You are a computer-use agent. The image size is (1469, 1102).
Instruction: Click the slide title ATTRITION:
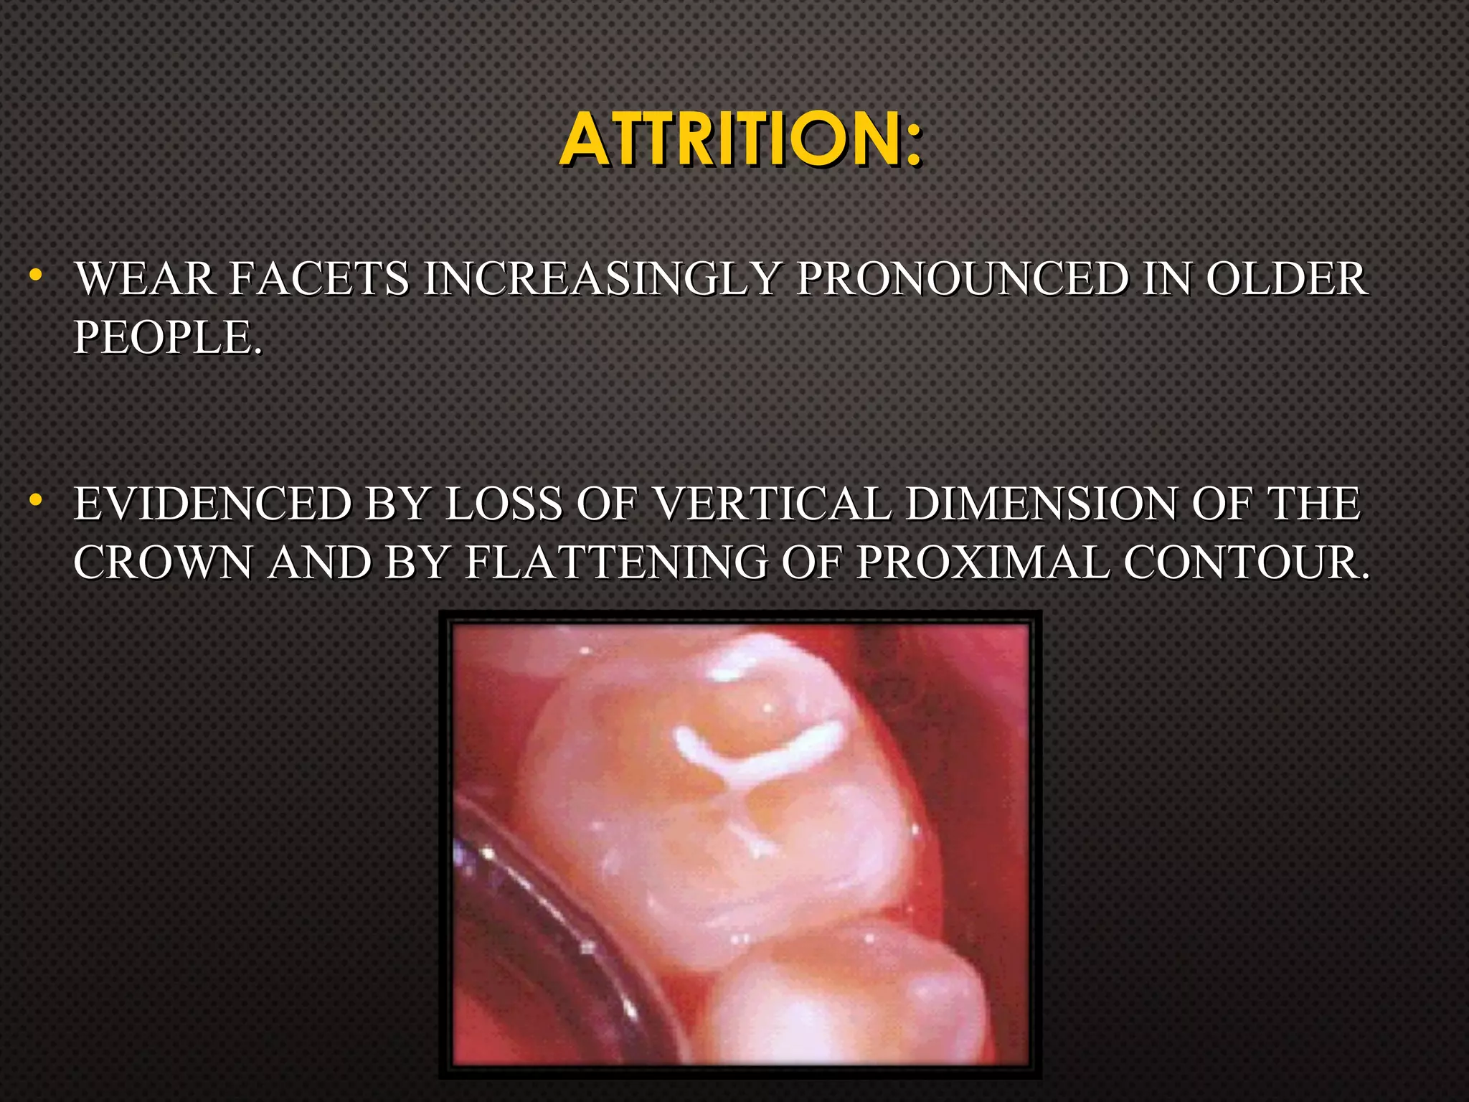point(740,139)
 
